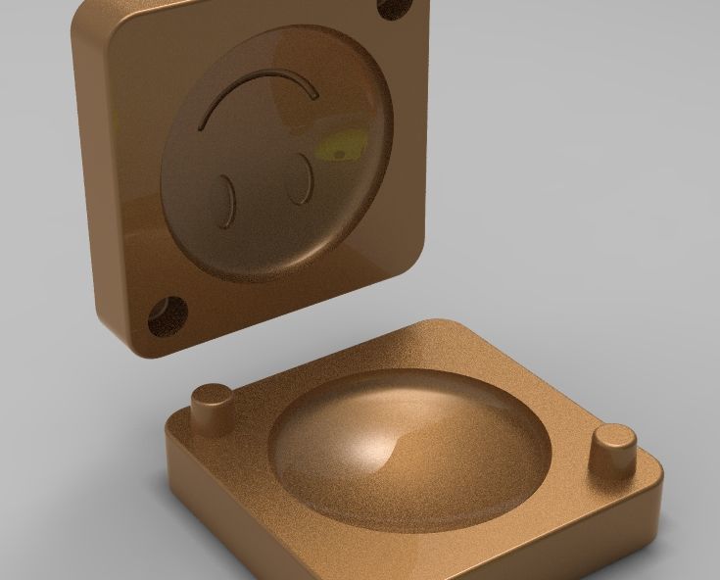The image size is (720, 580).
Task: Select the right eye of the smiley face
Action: click(x=300, y=178)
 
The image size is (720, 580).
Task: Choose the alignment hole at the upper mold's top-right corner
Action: click(x=395, y=9)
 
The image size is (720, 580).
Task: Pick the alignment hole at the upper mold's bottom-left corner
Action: click(x=167, y=314)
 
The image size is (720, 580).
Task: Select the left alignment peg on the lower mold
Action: click(x=211, y=406)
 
